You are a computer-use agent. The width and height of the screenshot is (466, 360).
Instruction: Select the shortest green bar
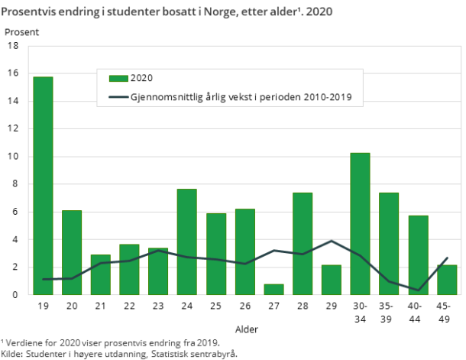click(x=273, y=289)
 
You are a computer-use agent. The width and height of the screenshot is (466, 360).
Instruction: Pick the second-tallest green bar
click(x=360, y=223)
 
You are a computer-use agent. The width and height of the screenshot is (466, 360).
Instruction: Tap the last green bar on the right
click(x=446, y=280)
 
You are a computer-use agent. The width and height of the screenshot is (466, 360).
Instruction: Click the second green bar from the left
click(x=72, y=252)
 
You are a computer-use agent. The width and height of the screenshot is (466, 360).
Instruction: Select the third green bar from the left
click(x=101, y=274)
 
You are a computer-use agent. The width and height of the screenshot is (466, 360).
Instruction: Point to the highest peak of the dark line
click(x=332, y=241)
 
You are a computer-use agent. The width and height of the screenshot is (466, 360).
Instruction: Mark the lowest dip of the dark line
click(x=419, y=290)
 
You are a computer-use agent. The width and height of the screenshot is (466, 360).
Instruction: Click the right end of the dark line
click(x=447, y=258)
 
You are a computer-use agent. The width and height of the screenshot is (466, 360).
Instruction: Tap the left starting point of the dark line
click(x=43, y=280)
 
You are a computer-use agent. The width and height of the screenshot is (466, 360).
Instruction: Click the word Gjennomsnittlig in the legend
click(x=163, y=97)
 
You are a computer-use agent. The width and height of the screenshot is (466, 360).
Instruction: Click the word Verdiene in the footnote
click(x=24, y=342)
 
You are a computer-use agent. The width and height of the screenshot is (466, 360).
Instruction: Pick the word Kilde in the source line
click(x=11, y=353)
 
